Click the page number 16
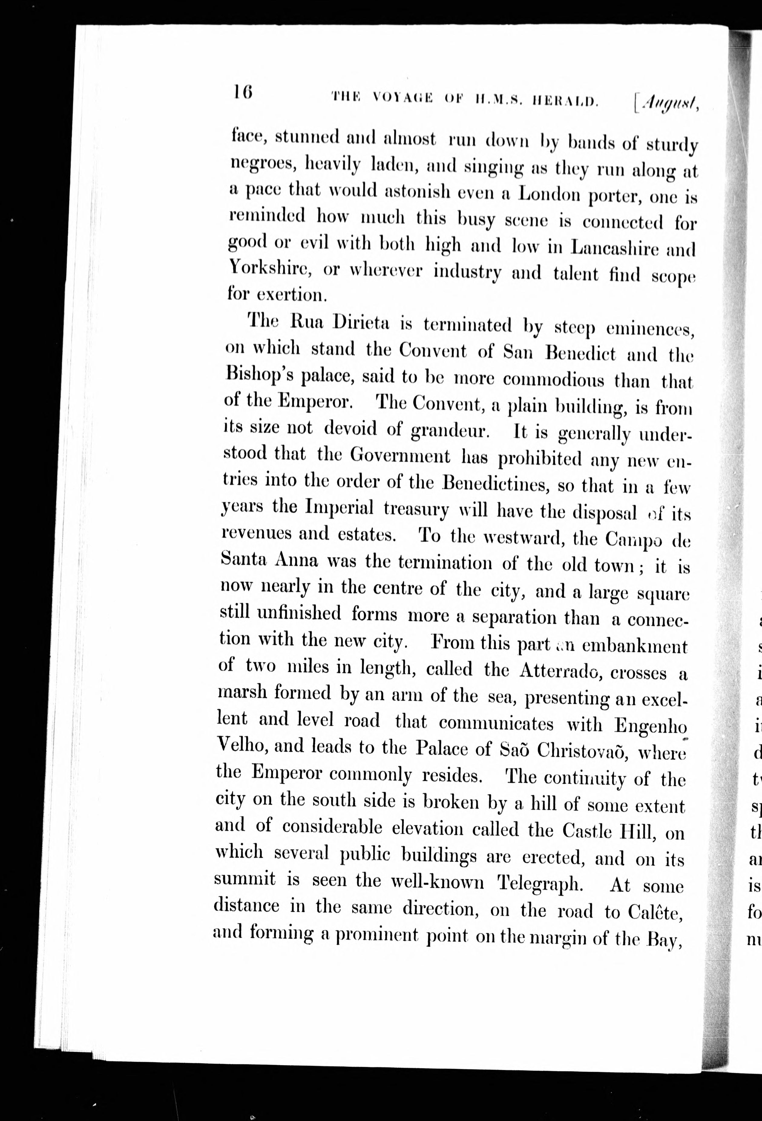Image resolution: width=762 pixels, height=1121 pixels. pyautogui.click(x=243, y=92)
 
